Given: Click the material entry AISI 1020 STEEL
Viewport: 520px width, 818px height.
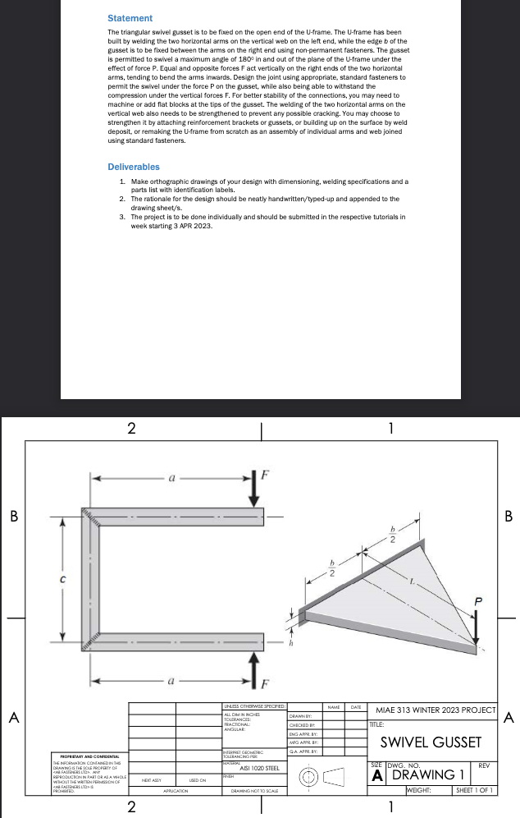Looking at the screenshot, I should click(x=258, y=768).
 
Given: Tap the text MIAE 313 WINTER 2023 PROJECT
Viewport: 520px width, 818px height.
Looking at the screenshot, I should click(x=435, y=710).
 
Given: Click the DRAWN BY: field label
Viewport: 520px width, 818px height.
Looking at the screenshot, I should click(x=299, y=716).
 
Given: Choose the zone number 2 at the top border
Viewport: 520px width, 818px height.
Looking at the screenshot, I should click(x=130, y=428).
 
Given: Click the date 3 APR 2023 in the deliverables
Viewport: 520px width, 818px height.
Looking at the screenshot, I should click(x=191, y=226).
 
